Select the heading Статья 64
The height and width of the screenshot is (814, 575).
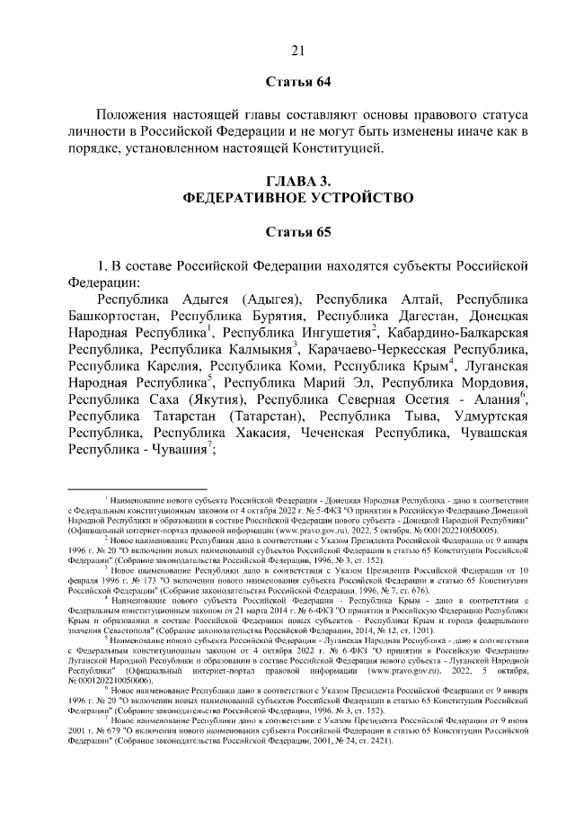pos(300,83)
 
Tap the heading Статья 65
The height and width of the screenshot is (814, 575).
pos(300,233)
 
